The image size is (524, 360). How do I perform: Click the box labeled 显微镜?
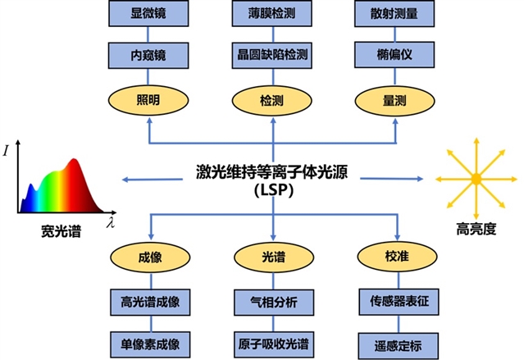[148, 14]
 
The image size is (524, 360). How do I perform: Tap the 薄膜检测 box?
[271, 14]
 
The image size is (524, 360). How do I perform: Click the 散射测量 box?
[395, 14]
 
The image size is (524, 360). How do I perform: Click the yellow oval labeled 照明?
[148, 99]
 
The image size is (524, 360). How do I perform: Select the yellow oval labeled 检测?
[271, 99]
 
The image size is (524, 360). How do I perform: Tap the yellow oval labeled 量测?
[395, 99]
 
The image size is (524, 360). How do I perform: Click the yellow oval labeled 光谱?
[271, 257]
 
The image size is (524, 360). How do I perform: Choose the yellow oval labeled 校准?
[395, 257]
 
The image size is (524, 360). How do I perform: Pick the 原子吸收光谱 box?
[271, 342]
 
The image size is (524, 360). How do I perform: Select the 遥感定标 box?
[395, 342]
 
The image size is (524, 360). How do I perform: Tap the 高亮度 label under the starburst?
[475, 230]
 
